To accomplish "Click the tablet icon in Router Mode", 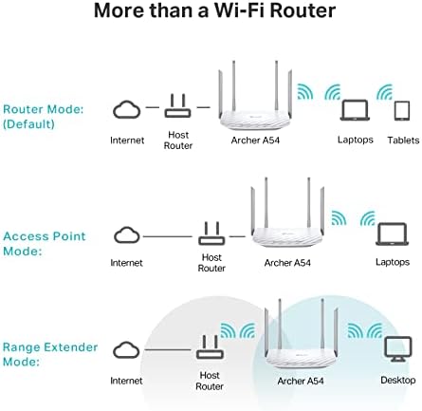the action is coord(402,111).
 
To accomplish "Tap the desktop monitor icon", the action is coord(398,349).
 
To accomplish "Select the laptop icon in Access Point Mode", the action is coord(392,234).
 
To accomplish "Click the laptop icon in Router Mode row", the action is coord(355,110).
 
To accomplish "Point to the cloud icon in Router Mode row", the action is coord(127,109).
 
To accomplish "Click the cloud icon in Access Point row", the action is coord(127,234).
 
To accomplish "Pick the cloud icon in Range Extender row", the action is coord(126,349).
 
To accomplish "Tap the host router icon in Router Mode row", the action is coord(177,106).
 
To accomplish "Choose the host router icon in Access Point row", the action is coord(211,234).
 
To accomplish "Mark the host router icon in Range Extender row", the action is coord(210,347).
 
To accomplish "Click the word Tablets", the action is coord(403,140).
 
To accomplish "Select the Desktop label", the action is coord(398,380).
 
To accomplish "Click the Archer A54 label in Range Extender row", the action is coord(301,381).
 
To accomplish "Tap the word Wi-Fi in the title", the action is coord(239,10).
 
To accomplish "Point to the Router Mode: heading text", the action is coord(44,109).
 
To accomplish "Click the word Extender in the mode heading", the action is coord(70,347).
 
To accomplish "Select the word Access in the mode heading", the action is coord(25,236).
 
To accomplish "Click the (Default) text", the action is coord(28,123).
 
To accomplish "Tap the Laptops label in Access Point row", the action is coord(393,262).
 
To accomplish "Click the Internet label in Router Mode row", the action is coord(127,140).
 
